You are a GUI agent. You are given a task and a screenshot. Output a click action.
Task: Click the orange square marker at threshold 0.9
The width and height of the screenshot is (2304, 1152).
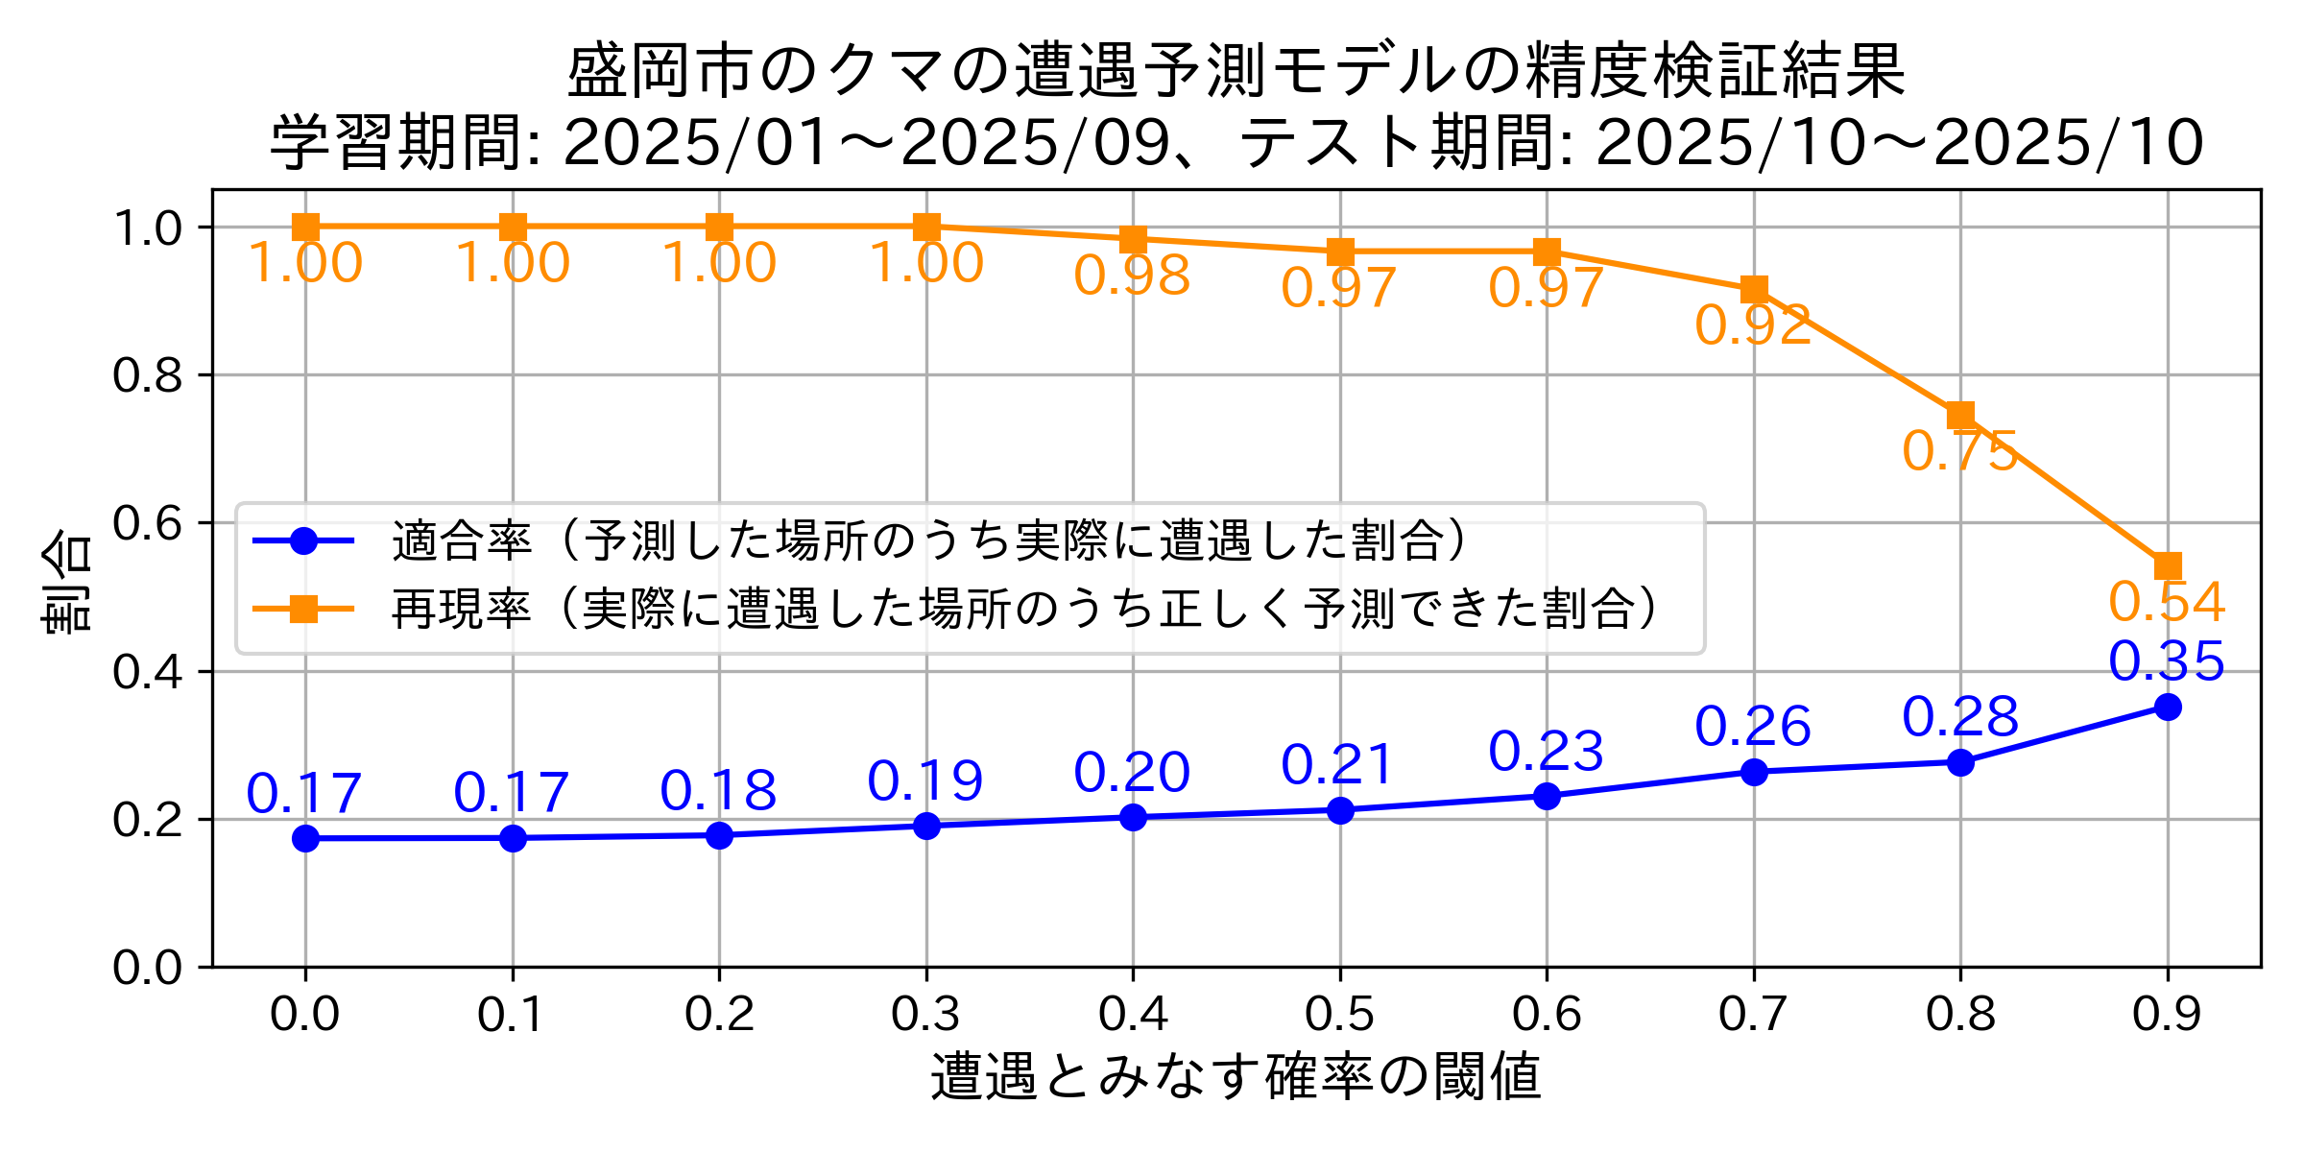(x=2167, y=565)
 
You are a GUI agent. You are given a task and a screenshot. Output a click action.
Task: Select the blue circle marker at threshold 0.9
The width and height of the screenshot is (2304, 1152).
(x=2167, y=708)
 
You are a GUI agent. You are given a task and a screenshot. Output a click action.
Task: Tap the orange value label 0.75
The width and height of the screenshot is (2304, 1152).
(x=1959, y=451)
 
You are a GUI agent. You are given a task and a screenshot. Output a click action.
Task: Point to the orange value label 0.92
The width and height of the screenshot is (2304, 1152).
(x=1753, y=325)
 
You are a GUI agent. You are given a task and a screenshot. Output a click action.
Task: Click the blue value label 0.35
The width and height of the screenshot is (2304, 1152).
(x=2167, y=661)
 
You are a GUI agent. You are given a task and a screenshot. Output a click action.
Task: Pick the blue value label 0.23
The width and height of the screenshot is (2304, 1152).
(x=1546, y=751)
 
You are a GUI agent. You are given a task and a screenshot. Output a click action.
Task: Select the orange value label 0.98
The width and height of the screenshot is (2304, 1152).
(x=1132, y=276)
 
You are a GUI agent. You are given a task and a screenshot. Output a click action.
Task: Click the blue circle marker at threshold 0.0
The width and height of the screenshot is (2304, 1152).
(x=305, y=838)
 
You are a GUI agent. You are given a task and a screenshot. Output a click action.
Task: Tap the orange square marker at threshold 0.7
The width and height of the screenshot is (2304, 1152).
(x=1754, y=289)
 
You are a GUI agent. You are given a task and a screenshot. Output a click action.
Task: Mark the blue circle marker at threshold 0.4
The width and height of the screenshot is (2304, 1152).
(x=1133, y=817)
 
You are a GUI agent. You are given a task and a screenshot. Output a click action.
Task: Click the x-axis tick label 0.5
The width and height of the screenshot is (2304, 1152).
(x=1339, y=1015)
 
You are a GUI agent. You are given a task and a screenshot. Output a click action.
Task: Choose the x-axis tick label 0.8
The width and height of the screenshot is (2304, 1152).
(x=1960, y=1015)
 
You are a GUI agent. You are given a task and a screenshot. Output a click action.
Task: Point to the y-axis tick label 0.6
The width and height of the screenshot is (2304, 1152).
(x=147, y=523)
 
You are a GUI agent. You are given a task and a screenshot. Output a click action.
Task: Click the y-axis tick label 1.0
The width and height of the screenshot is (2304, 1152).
(x=147, y=228)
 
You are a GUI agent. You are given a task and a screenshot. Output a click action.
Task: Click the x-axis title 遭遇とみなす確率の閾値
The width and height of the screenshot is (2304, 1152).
(x=1236, y=1076)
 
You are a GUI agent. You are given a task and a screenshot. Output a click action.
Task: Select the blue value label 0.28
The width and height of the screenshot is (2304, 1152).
(x=1960, y=717)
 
